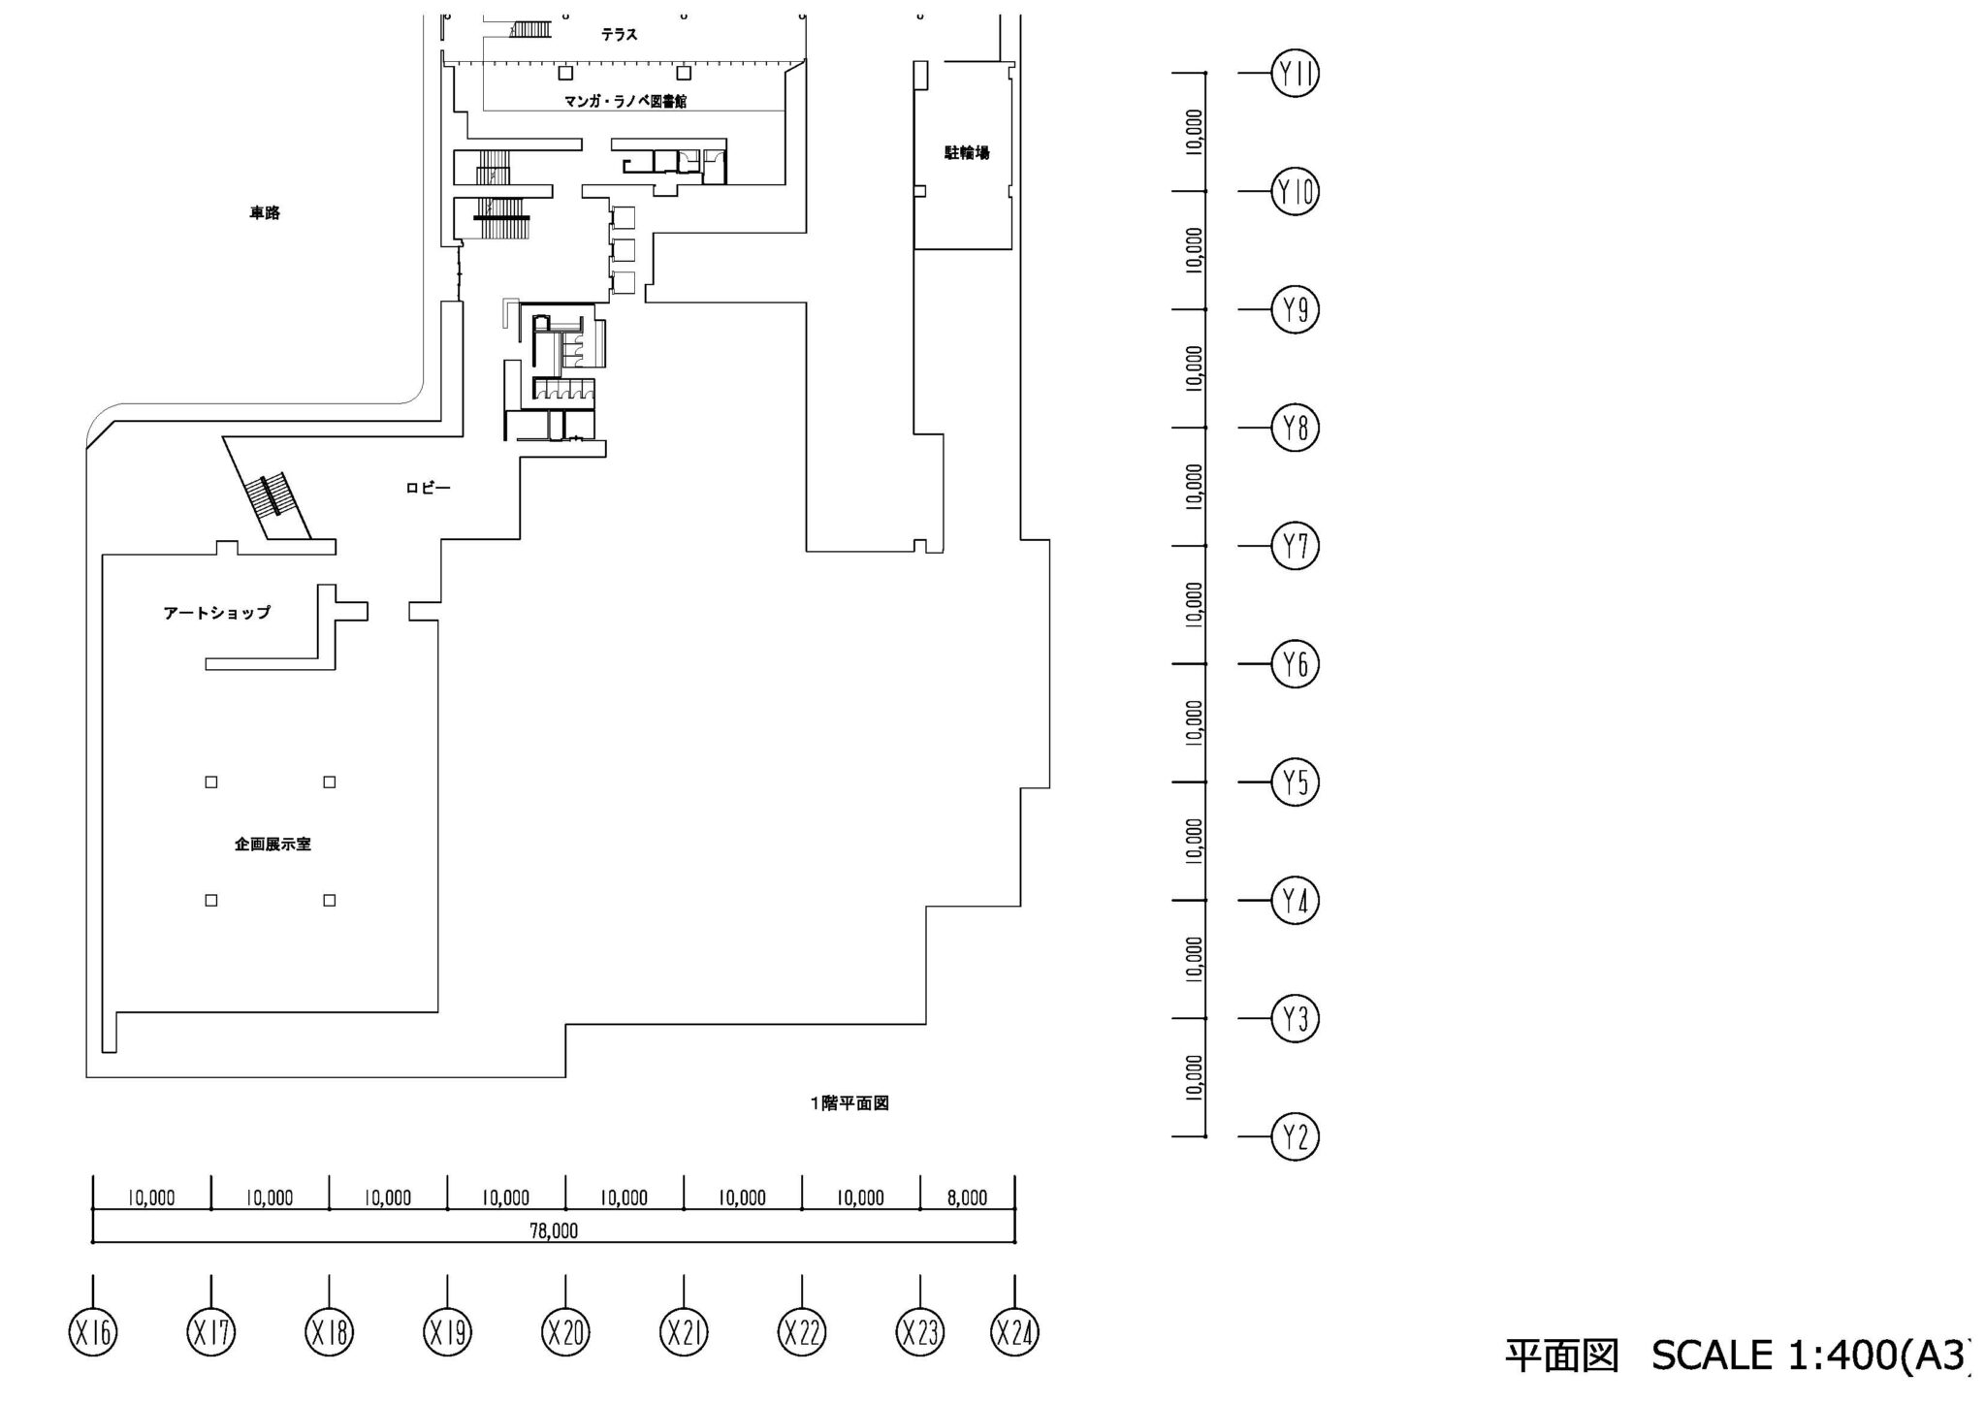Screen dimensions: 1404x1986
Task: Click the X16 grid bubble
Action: point(93,1332)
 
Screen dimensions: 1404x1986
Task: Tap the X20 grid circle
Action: point(565,1332)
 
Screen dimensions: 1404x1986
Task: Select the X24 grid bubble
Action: point(1014,1332)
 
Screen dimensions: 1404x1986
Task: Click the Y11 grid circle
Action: point(1296,74)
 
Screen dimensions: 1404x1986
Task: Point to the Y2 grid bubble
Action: point(1296,1136)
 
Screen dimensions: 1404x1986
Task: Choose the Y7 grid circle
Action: point(1296,546)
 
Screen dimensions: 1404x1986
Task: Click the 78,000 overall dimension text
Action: point(554,1231)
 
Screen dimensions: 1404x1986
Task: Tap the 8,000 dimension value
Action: point(967,1198)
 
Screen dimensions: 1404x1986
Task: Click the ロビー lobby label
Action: point(428,488)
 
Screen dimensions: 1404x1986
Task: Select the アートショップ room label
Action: point(217,613)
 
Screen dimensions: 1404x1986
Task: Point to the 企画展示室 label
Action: point(272,845)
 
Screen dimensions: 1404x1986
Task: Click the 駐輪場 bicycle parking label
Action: point(967,153)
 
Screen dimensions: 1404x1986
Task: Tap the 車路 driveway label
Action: point(265,213)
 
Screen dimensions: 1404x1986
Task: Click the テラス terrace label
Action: point(619,35)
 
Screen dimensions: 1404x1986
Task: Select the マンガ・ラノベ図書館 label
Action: point(625,101)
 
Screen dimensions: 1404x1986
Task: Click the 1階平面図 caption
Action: point(849,1103)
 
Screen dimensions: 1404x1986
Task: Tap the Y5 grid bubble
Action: point(1296,782)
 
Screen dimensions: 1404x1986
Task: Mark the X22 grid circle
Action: point(802,1332)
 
